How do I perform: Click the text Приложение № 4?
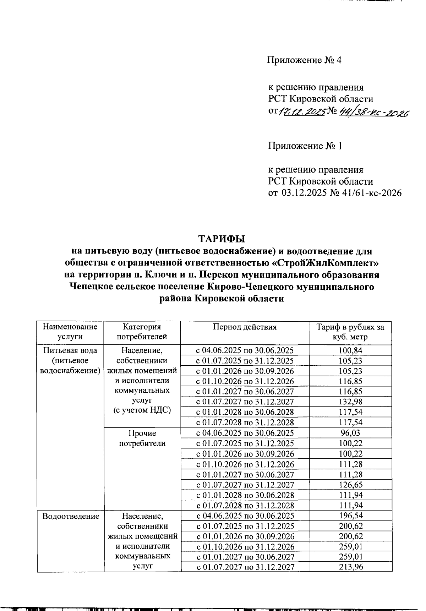(304, 60)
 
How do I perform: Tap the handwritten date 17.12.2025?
(302, 113)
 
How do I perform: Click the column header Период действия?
(245, 327)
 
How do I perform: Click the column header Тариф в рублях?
(350, 332)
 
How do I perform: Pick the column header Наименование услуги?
(70, 332)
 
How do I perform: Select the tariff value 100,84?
(350, 350)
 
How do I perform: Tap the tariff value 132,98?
(350, 402)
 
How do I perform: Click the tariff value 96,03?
(350, 433)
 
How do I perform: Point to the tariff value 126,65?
(350, 485)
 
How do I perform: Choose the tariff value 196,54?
(351, 515)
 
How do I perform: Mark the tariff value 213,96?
(351, 567)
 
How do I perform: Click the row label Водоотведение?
(71, 516)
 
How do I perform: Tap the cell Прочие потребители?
(142, 438)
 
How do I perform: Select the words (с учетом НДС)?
(142, 410)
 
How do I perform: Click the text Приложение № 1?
(305, 146)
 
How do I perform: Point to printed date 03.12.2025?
(304, 193)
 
